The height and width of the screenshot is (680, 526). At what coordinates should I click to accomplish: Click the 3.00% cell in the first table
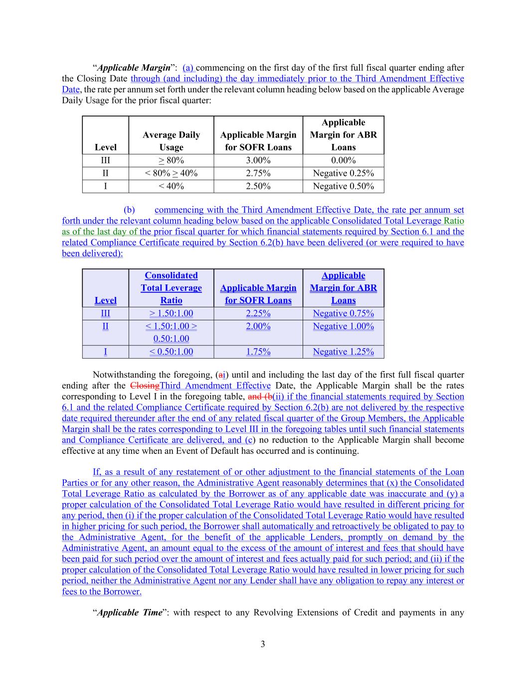point(258,160)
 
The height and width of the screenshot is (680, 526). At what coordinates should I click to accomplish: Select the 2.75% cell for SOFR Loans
point(258,173)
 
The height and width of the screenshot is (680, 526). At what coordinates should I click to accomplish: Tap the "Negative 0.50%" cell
point(343,186)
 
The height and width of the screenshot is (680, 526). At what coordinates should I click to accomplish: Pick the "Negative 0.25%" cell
point(343,173)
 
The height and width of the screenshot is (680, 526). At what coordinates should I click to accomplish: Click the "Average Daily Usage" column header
point(171,141)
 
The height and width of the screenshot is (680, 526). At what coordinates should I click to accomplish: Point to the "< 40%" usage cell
point(171,186)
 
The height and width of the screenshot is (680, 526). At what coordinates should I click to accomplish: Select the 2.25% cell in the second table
point(258,313)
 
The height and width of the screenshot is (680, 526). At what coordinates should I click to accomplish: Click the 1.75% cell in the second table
point(258,352)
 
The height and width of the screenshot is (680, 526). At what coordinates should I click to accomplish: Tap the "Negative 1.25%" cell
point(343,352)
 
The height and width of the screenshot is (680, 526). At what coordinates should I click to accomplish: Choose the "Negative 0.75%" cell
point(343,313)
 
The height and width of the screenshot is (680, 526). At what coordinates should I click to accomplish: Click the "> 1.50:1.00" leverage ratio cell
point(171,313)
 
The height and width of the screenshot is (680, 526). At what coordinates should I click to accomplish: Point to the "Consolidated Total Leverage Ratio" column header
point(171,288)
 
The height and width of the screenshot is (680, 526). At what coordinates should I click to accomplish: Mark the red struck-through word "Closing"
point(145,386)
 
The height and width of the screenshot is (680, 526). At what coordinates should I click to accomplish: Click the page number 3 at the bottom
point(263,645)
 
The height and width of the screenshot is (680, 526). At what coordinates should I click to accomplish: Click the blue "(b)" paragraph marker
point(129,210)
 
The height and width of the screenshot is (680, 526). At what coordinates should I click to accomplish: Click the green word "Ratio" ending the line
point(454,221)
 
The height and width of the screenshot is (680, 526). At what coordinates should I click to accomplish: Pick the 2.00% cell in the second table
point(258,326)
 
